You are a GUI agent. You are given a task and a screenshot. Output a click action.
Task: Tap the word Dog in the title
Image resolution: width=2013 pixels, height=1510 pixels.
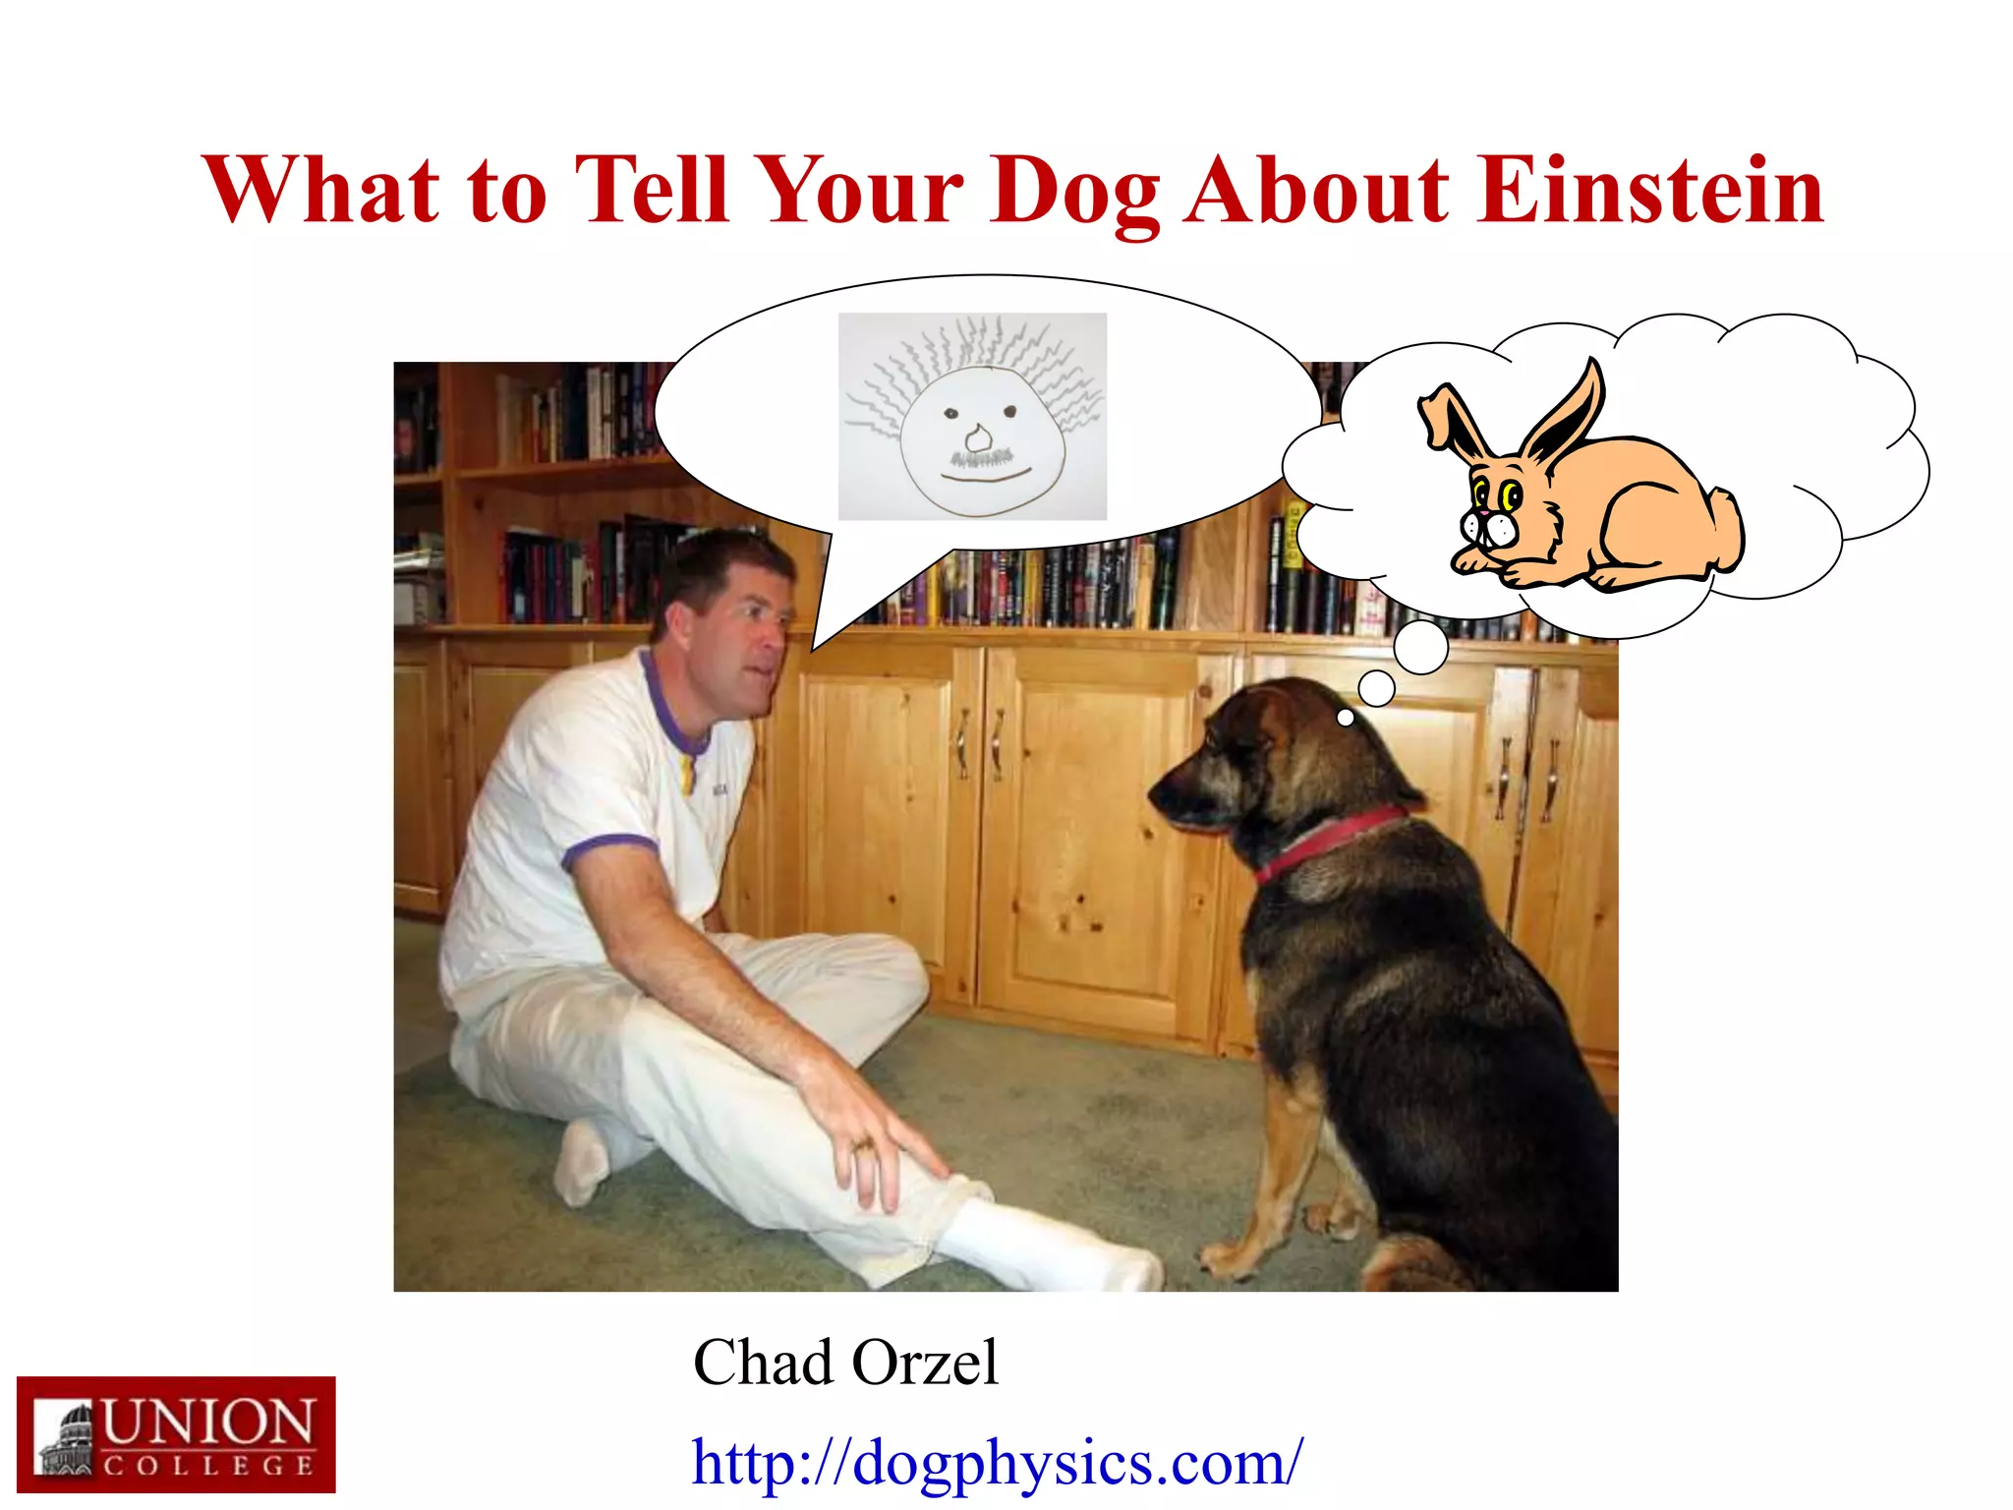[x=1074, y=192]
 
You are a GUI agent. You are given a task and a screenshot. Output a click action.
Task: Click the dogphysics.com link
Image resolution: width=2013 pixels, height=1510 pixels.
[x=998, y=1462]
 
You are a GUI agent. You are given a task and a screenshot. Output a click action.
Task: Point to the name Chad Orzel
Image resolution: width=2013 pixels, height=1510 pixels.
[x=845, y=1363]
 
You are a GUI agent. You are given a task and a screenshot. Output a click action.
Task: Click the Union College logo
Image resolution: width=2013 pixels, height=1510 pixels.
[x=176, y=1435]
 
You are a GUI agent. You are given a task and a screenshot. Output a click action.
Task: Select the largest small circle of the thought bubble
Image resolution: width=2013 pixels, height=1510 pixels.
[x=1420, y=648]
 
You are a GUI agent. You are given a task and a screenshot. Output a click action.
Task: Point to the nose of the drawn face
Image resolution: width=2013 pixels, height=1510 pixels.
[x=977, y=436]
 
